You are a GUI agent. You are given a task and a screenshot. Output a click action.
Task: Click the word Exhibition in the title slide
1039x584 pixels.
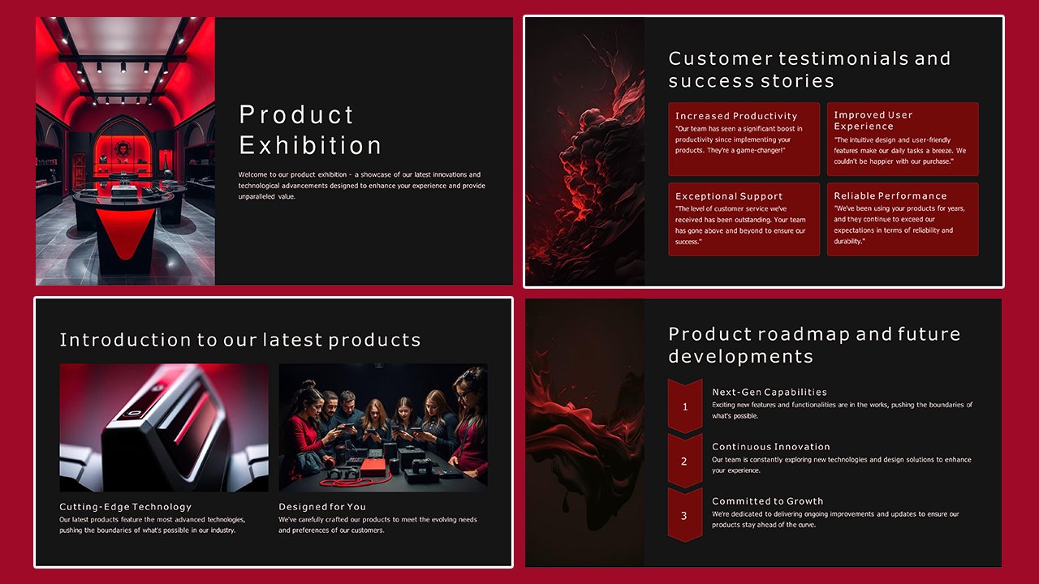[x=310, y=145]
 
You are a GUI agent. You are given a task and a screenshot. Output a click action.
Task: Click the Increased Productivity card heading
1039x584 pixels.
[x=735, y=116]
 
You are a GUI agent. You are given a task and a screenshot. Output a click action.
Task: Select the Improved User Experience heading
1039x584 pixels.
[x=873, y=120]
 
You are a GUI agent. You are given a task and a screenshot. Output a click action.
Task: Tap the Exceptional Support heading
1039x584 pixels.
[x=728, y=196]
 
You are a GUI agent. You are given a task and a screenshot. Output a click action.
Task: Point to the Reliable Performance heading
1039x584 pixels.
[x=890, y=195]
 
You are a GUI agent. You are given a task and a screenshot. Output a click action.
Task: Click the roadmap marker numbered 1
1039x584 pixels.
[x=684, y=406]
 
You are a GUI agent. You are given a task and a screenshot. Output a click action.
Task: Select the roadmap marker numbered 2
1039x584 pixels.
[x=684, y=462]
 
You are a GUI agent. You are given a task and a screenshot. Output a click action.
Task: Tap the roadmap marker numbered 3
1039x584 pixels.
[x=684, y=516]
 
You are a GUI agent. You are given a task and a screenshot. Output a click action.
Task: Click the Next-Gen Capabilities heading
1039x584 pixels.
[x=769, y=392]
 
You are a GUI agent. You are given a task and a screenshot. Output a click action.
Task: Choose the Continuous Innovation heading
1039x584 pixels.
[x=770, y=447]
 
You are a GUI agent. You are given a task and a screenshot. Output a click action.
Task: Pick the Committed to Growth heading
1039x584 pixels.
[x=767, y=501]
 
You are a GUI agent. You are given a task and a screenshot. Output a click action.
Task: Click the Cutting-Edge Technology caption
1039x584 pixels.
[x=125, y=507]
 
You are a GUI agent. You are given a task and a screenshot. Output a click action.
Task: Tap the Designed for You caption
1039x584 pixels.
[x=322, y=507]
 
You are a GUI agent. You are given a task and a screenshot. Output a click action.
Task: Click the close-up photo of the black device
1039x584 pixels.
[x=164, y=427]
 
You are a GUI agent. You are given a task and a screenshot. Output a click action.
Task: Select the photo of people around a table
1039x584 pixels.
[x=383, y=427]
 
